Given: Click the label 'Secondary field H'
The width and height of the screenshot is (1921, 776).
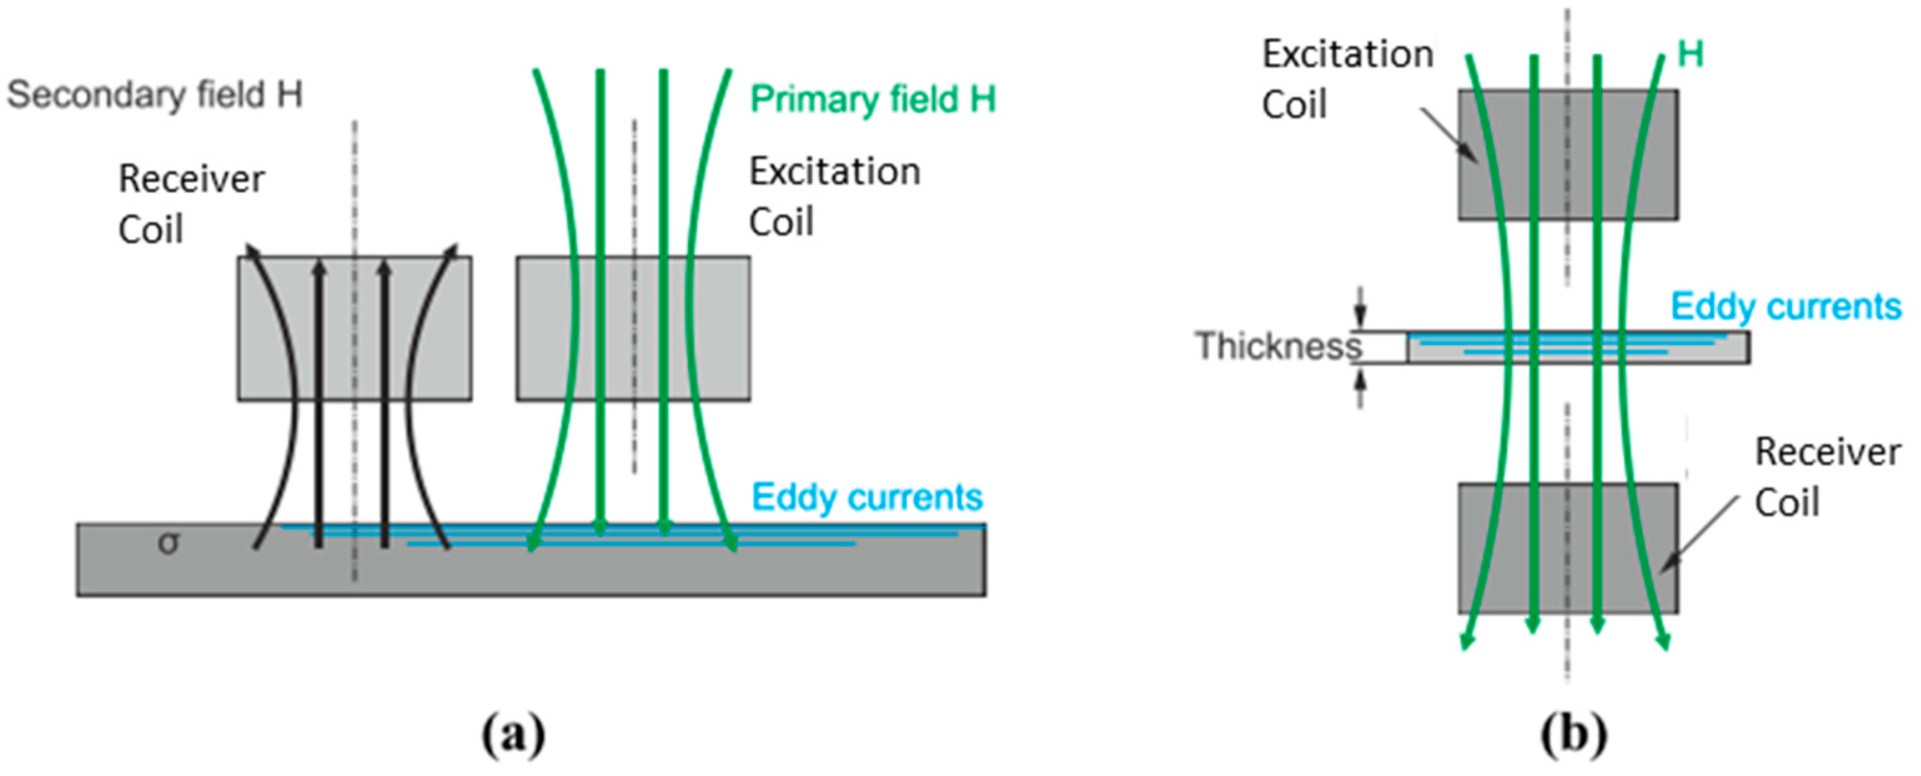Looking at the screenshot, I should [155, 95].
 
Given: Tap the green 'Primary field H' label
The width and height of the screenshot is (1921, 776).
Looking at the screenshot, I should [873, 99].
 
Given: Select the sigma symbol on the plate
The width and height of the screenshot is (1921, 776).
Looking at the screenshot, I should [169, 543].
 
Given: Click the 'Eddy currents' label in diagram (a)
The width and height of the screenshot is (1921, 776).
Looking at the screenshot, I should [867, 497].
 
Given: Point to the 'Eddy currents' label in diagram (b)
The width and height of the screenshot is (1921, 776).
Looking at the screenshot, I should [1786, 306].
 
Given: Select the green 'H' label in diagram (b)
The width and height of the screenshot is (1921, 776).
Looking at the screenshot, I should [1691, 54].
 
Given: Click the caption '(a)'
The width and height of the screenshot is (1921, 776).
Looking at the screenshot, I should [514, 735].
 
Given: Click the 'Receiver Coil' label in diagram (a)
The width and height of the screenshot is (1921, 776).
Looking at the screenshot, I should [191, 203].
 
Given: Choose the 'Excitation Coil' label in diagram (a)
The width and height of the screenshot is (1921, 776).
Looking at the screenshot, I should [833, 196].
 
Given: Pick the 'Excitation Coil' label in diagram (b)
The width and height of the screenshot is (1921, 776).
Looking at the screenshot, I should [1347, 78].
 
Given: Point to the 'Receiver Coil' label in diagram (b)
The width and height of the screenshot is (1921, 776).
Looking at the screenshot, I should [1827, 477].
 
